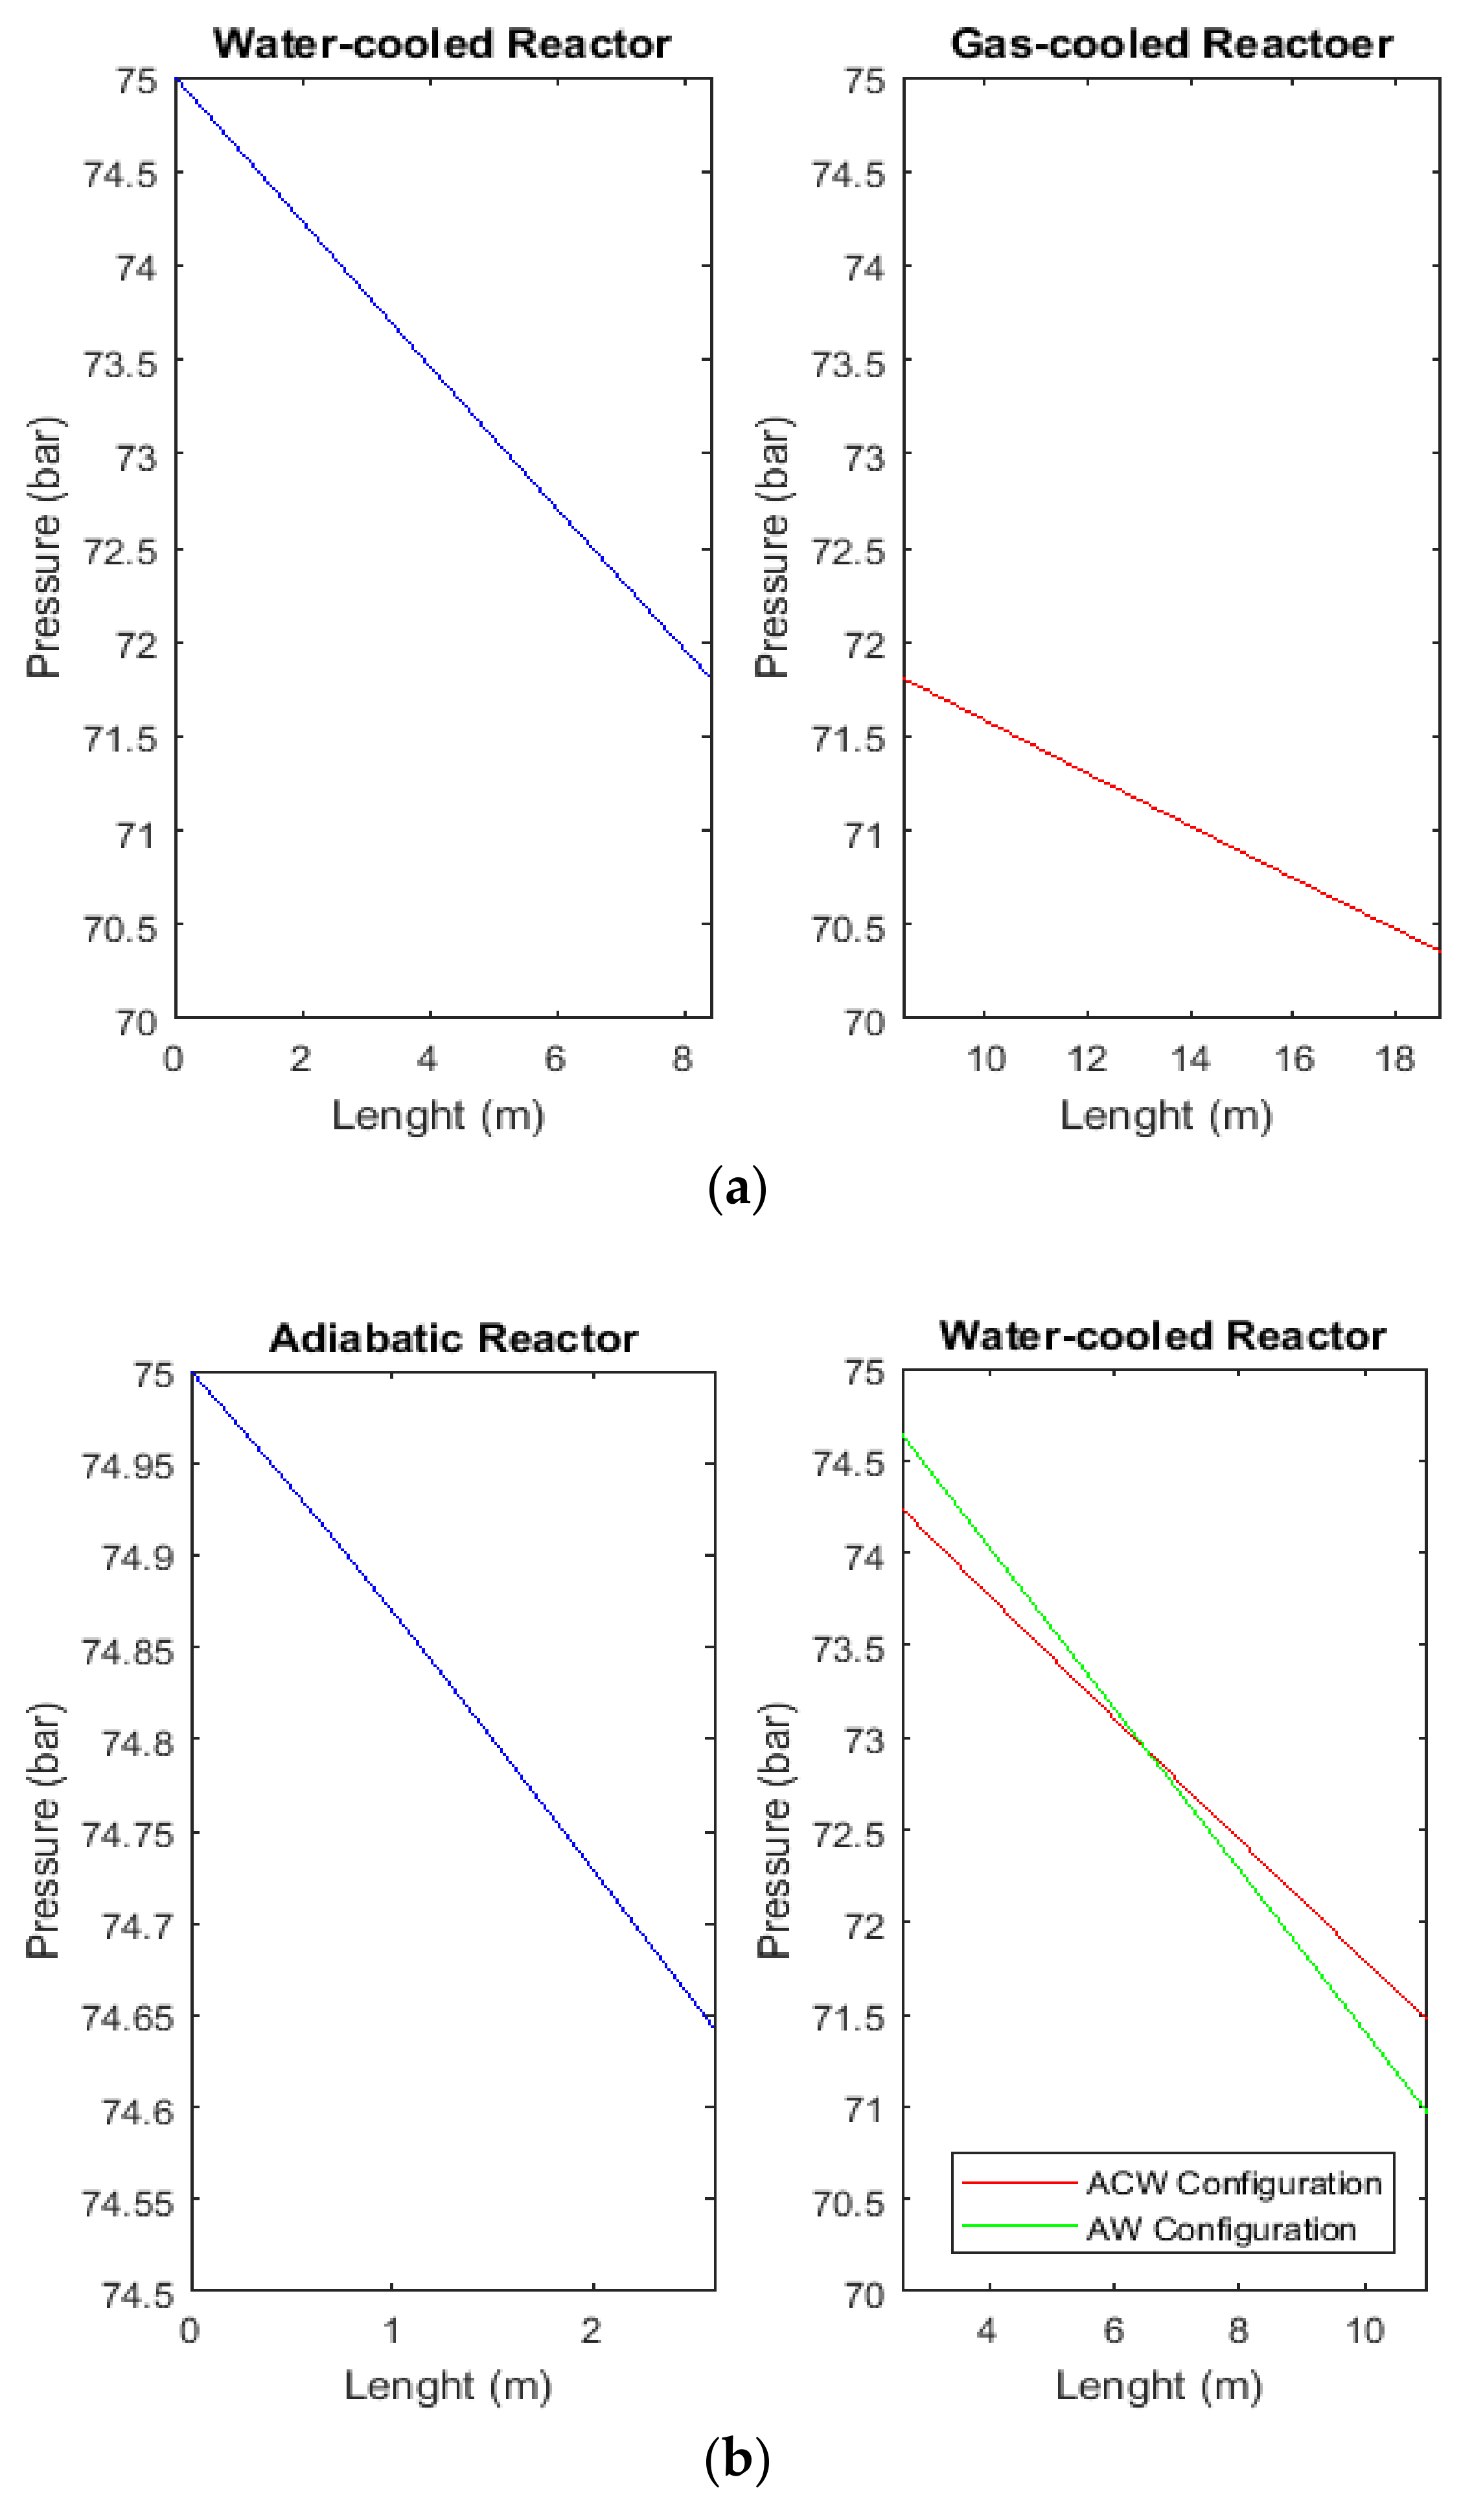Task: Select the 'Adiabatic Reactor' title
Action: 453,1339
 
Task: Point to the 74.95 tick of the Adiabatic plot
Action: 119,1465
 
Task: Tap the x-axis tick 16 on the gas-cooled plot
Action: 1292,1059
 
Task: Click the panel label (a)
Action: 737,1190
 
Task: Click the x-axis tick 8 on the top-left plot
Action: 682,1059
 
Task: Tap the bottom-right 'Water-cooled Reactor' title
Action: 1162,1335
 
